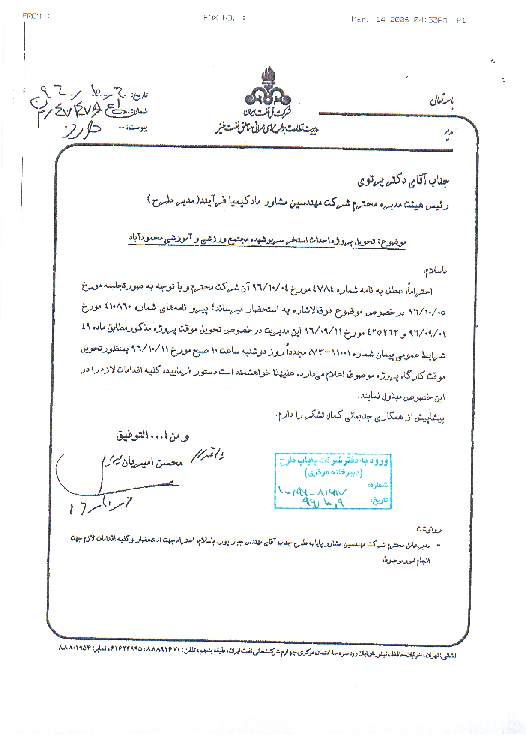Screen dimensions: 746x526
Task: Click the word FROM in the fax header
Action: click(32, 16)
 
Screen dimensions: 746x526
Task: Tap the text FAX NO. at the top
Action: click(219, 18)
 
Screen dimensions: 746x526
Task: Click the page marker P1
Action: click(461, 20)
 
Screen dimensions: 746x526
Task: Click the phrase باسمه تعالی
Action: click(442, 101)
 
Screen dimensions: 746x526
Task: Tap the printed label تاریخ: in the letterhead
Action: click(139, 95)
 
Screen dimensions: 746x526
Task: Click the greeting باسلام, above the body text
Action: click(435, 271)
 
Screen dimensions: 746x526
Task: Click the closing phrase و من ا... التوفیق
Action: click(152, 436)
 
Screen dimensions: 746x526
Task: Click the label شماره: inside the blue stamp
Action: click(378, 485)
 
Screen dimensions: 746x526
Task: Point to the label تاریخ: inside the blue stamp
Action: click(379, 500)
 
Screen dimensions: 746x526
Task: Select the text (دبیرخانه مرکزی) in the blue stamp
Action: click(333, 473)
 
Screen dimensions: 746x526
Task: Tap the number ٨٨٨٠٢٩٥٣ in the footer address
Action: click(75, 648)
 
